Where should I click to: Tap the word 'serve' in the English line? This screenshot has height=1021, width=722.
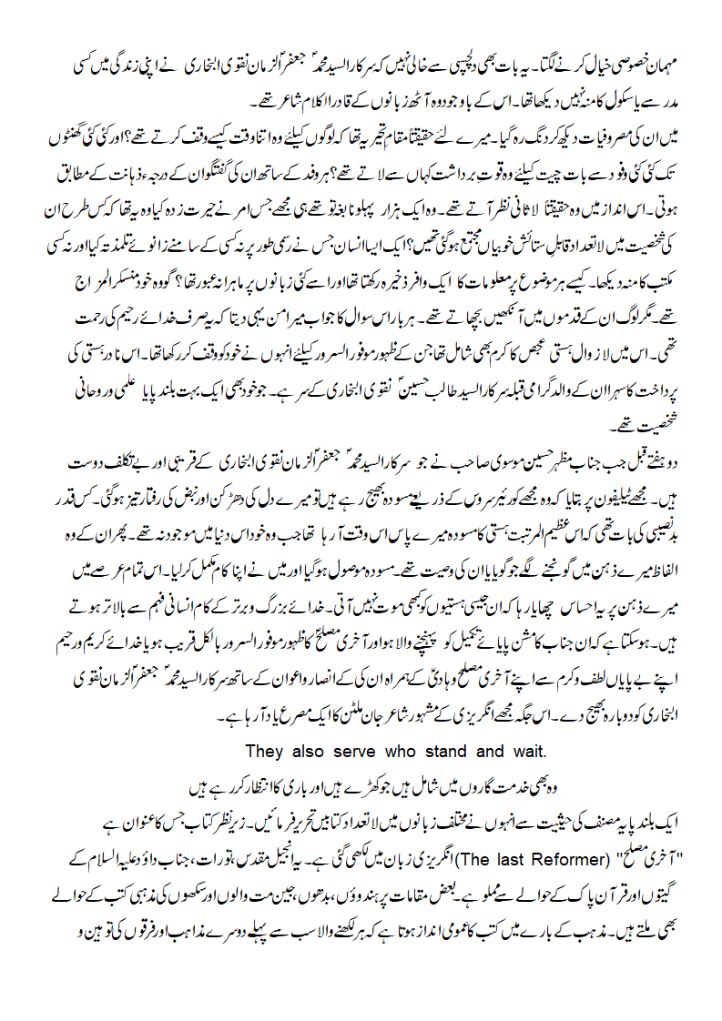[x=362, y=751]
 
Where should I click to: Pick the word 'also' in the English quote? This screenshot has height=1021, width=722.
[x=311, y=751]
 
